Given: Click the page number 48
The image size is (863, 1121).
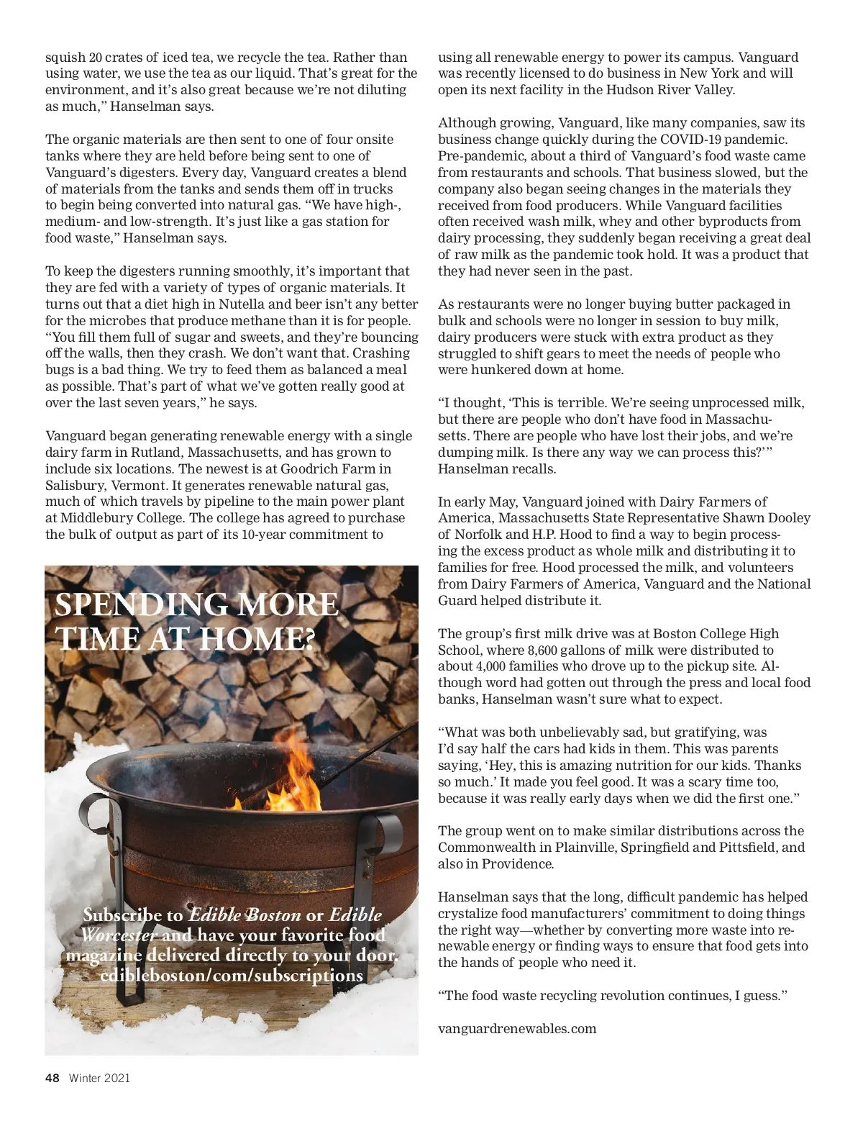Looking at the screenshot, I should click(x=52, y=1078).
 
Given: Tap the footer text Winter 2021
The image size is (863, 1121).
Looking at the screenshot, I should click(x=99, y=1078).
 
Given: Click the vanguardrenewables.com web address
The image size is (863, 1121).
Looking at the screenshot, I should click(x=517, y=1028).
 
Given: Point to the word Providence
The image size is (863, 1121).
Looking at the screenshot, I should click(x=518, y=863).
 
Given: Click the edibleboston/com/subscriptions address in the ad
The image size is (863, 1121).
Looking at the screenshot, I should click(x=232, y=976).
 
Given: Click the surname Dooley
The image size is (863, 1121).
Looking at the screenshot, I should click(x=785, y=518).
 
